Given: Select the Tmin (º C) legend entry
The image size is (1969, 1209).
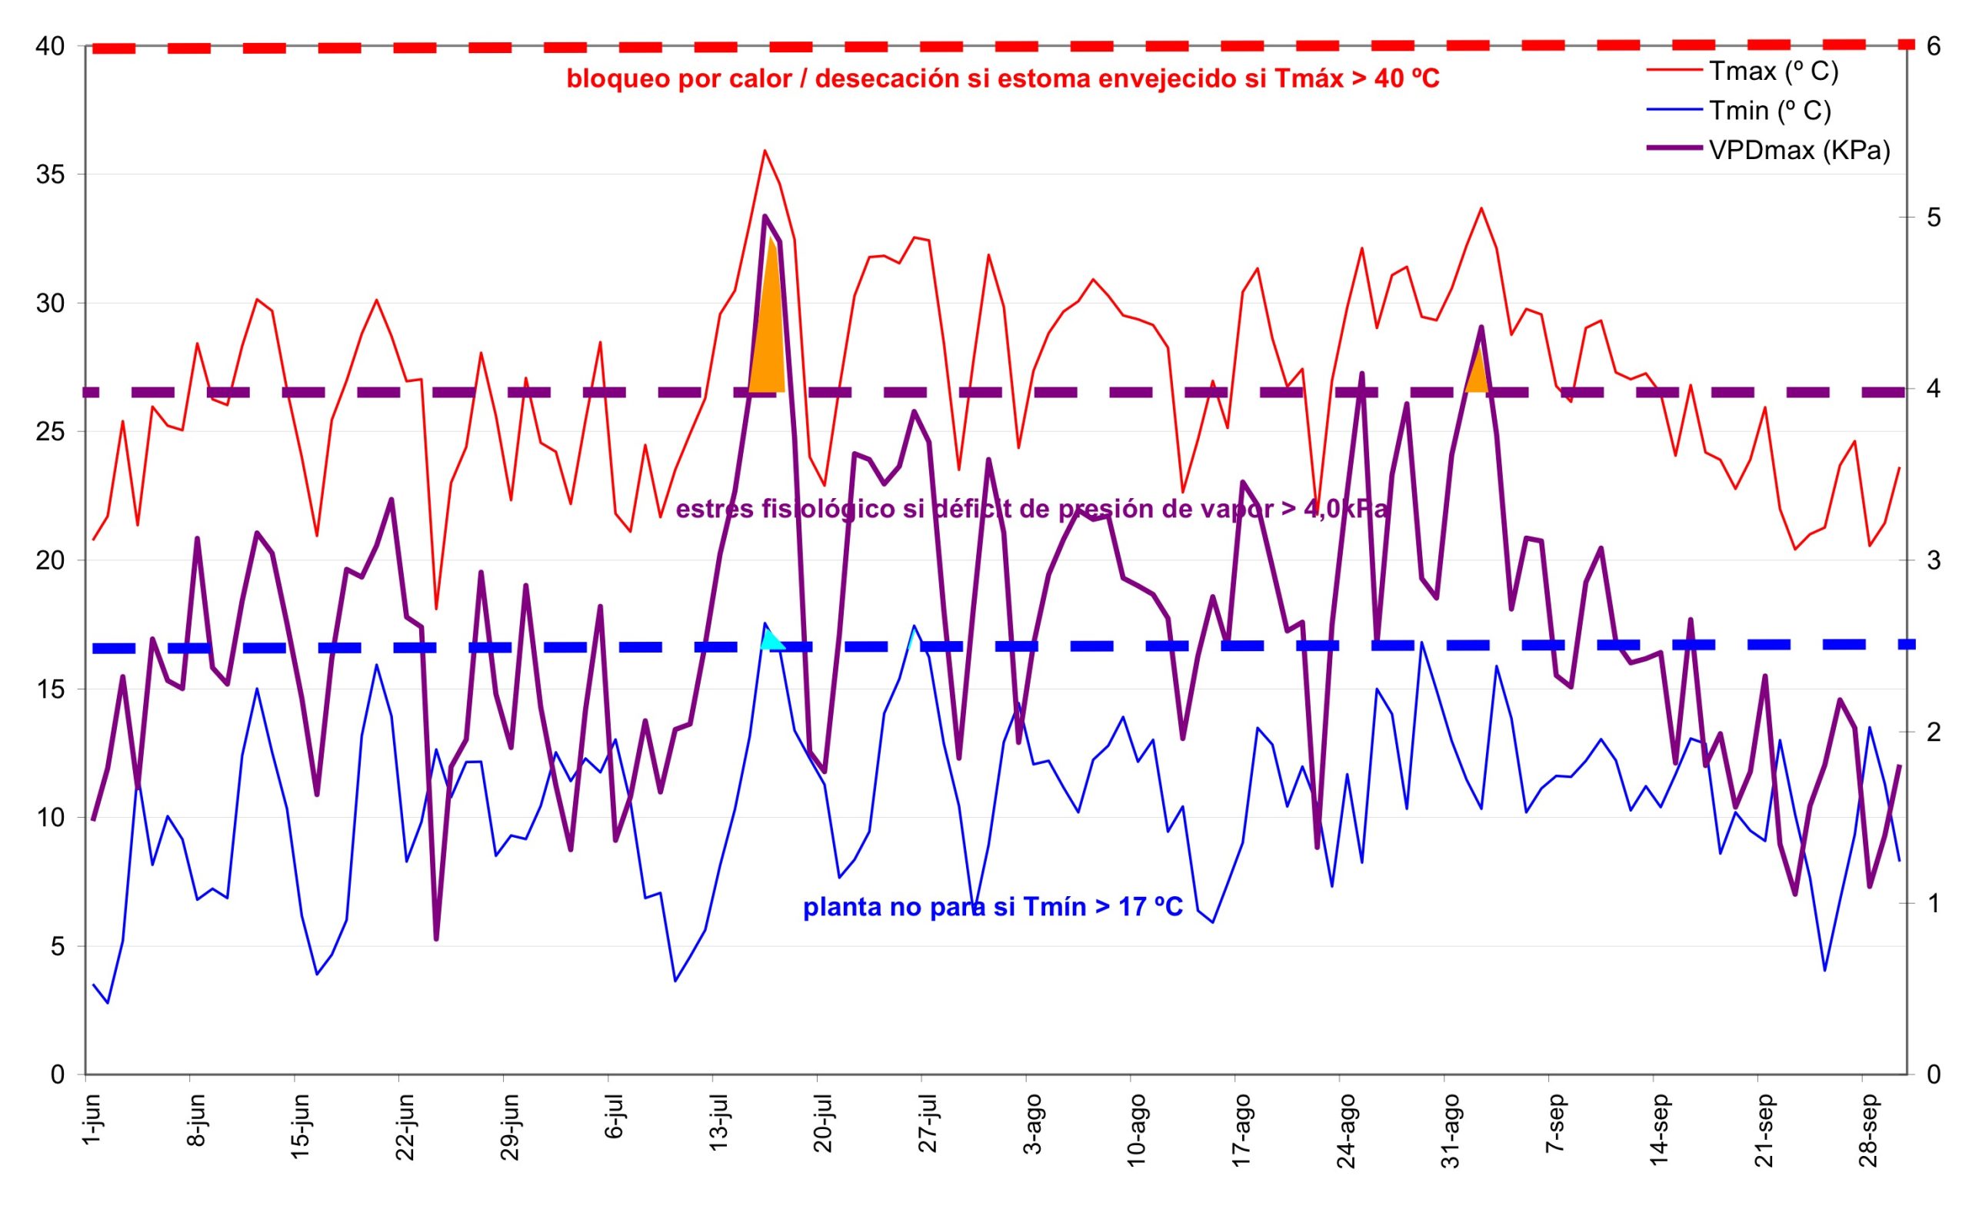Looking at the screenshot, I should point(1768,111).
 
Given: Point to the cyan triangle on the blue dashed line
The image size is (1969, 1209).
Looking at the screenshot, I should point(771,639).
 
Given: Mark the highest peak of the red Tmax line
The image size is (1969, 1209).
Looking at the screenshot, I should point(765,151).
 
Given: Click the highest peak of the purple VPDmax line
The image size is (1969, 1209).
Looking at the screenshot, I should point(765,216).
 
